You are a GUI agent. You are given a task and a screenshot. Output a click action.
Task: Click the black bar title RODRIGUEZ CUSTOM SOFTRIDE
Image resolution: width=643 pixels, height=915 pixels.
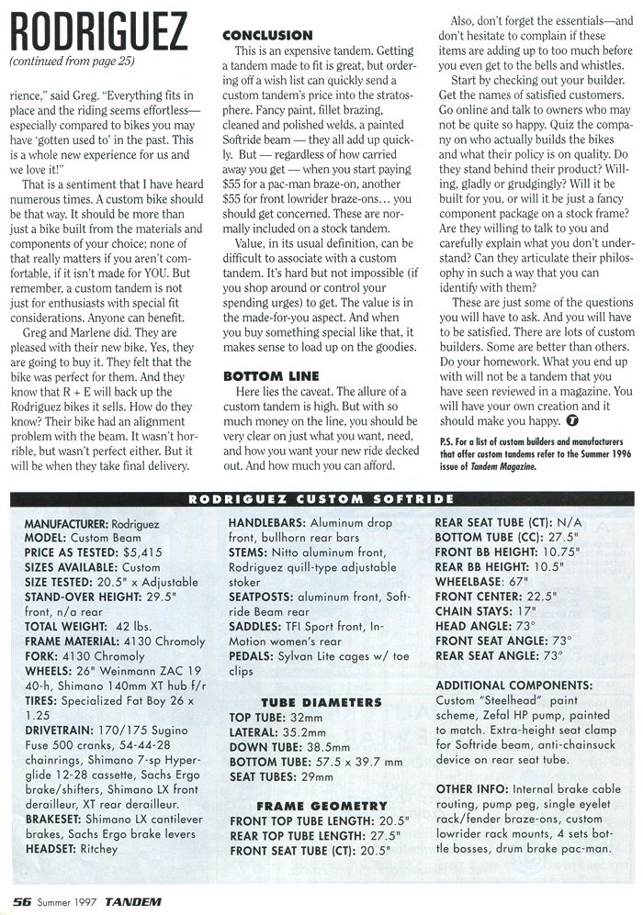pos(321,500)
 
